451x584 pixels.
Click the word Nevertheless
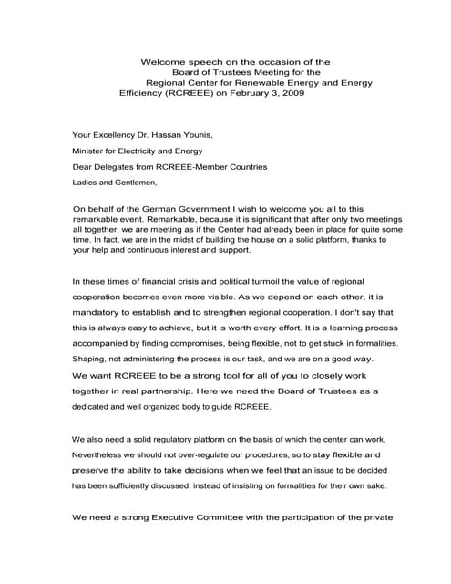(105, 454)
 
